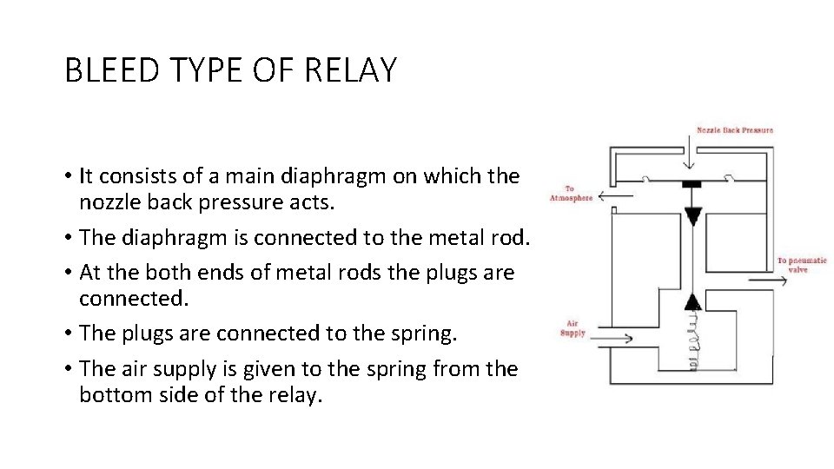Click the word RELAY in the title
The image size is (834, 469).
coord(352,69)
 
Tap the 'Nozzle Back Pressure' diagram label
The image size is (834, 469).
coord(734,130)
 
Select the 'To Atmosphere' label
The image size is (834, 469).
coord(570,193)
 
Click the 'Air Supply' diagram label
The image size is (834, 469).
coord(573,327)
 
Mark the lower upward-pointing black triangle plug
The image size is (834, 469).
coord(692,301)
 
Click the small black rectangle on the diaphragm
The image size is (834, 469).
coord(692,184)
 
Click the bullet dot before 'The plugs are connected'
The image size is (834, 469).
coord(68,334)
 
